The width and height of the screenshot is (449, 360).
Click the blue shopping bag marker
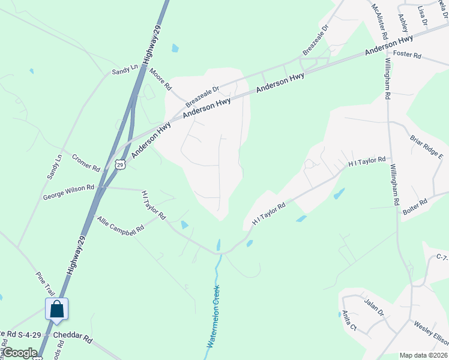pos(56,309)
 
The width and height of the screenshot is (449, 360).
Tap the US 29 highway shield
pos(120,164)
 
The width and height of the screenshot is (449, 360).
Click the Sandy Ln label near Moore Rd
pos(125,71)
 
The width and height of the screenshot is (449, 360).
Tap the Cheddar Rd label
pos(72,337)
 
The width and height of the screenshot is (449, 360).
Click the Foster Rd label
pos(408,56)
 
